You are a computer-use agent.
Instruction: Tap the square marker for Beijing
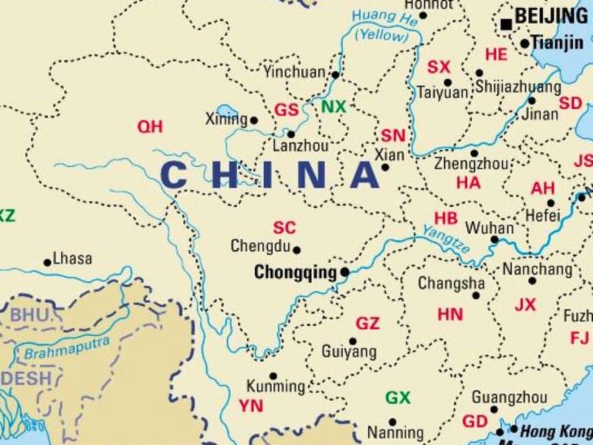click(507, 25)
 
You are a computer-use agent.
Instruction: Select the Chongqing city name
click(296, 273)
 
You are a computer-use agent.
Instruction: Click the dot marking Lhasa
click(48, 263)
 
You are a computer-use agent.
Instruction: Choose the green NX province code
click(334, 107)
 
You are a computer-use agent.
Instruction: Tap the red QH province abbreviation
click(150, 127)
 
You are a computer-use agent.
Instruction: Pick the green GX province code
click(398, 398)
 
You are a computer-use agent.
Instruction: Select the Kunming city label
click(276, 386)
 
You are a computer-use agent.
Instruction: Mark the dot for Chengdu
click(296, 250)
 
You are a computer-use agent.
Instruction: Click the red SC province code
click(284, 228)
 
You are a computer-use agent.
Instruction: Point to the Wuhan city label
click(489, 229)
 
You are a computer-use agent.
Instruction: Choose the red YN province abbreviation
click(251, 406)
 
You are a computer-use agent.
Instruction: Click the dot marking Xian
click(385, 167)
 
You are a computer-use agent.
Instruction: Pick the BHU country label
click(29, 315)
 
